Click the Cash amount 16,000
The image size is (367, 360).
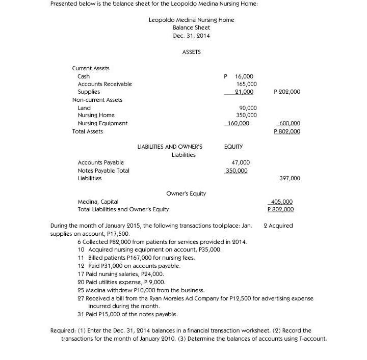[244, 76]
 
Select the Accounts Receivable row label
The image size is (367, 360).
[104, 84]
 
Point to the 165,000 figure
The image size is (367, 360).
[247, 84]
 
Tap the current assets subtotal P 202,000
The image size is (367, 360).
[287, 92]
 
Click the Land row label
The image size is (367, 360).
[84, 108]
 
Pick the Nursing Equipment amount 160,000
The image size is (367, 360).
[238, 123]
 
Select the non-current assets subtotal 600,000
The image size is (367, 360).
[289, 123]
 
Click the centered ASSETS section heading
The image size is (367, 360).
[191, 52]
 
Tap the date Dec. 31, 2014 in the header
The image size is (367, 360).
[191, 36]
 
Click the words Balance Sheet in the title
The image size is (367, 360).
[191, 27]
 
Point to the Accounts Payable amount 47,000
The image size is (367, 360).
[241, 162]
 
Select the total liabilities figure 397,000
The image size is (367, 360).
[290, 178]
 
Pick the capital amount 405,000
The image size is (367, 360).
[282, 202]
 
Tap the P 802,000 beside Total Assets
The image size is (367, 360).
[287, 131]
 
